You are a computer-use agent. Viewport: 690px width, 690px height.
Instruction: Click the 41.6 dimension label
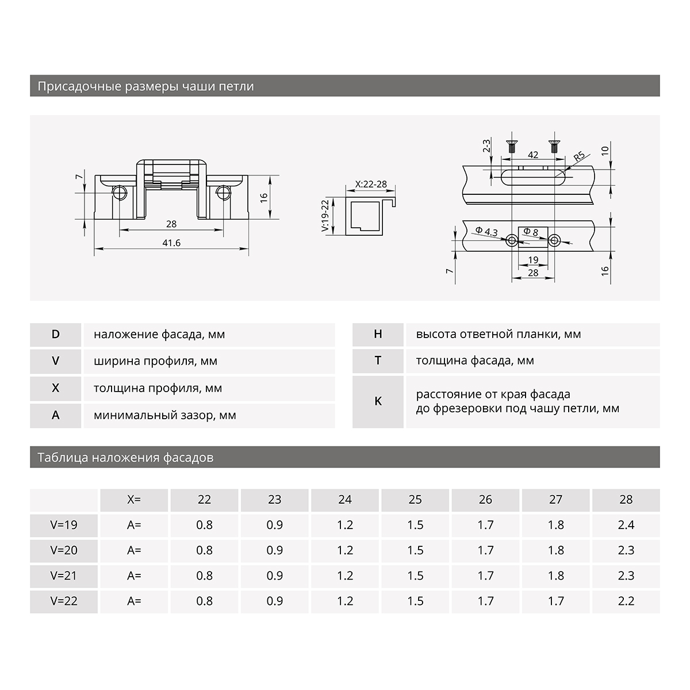[x=171, y=243]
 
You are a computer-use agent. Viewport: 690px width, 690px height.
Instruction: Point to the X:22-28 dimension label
[x=371, y=185]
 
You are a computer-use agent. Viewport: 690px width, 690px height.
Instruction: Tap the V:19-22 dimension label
[x=325, y=216]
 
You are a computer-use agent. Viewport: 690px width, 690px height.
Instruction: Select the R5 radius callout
[x=578, y=156]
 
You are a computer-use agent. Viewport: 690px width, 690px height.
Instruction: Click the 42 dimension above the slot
[x=532, y=155]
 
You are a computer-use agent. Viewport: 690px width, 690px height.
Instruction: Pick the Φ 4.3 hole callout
[x=486, y=231]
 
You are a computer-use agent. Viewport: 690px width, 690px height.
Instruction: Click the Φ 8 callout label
[x=531, y=232]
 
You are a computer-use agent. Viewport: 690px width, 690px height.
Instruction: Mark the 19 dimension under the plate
[x=532, y=260]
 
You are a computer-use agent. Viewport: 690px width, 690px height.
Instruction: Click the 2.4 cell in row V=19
[x=626, y=525]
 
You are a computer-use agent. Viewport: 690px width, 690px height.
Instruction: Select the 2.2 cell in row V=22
[x=626, y=601]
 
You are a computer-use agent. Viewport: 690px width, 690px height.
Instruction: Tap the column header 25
[x=415, y=500]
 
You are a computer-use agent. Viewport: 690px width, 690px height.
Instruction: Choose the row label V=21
[x=64, y=576]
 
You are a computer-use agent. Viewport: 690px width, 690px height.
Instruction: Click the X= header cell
[x=134, y=500]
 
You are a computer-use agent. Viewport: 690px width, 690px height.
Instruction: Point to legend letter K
[x=378, y=401]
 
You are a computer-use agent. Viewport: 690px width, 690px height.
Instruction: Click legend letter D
[x=55, y=335]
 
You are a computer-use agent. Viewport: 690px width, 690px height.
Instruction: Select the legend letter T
[x=378, y=361]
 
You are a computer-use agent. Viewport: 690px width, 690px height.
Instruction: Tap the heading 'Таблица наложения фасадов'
[x=125, y=458]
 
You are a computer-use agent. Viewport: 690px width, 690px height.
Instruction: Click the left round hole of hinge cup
[x=120, y=192]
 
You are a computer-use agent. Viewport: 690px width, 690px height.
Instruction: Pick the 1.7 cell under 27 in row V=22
[x=555, y=601]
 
